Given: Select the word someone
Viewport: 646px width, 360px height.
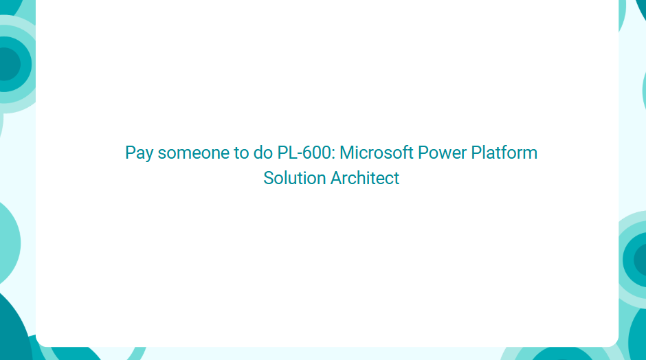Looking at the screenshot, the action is (194, 153).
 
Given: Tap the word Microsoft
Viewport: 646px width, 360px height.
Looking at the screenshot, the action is (376, 153).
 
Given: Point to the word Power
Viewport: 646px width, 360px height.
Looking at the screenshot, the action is (442, 153).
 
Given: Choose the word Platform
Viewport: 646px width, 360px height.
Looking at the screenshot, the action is (504, 153).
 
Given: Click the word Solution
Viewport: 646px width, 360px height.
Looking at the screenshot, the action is (295, 178).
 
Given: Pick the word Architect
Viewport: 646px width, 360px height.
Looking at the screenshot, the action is (365, 178).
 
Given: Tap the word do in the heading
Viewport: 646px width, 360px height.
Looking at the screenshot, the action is (263, 153).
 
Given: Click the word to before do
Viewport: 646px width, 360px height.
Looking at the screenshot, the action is (241, 153).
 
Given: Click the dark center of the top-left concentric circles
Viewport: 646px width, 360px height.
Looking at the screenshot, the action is (9, 65).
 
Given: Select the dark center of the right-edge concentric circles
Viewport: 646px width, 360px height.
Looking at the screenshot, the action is (641, 260).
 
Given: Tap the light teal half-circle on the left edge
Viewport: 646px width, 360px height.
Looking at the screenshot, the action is (9, 243).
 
